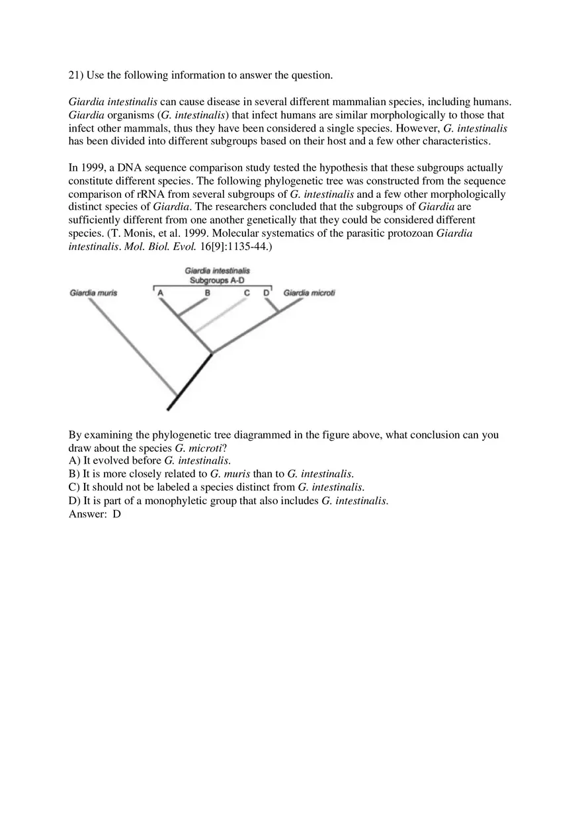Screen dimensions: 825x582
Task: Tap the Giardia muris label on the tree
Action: pyautogui.click(x=93, y=293)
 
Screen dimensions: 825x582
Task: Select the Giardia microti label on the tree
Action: pyautogui.click(x=309, y=293)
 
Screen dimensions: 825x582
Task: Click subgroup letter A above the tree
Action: pyautogui.click(x=160, y=293)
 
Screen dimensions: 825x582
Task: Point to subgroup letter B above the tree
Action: pyautogui.click(x=207, y=293)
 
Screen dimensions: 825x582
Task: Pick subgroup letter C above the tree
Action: pyautogui.click(x=247, y=293)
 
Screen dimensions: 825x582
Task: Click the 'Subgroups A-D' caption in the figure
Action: pyautogui.click(x=217, y=281)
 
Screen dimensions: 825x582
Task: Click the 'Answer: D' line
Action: pyautogui.click(x=95, y=514)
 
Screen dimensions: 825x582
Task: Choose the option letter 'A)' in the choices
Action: pyautogui.click(x=74, y=460)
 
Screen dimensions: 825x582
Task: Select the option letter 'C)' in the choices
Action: pyautogui.click(x=74, y=488)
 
